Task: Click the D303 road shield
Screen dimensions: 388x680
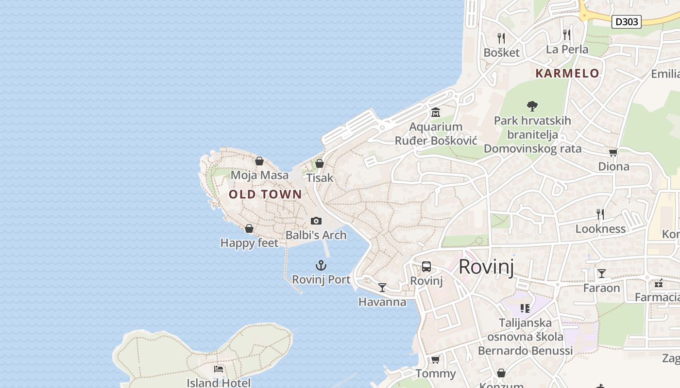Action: coord(626,21)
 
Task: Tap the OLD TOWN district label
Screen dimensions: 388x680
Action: coord(265,194)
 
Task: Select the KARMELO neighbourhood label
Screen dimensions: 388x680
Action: coord(567,73)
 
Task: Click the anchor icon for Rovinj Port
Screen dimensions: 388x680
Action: coord(321,265)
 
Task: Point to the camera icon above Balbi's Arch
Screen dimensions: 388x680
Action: coord(316,221)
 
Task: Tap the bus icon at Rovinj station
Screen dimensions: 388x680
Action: coord(426,266)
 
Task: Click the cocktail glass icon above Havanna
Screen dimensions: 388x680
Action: coord(382,288)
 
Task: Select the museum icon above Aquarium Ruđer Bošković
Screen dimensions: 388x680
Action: coord(436,113)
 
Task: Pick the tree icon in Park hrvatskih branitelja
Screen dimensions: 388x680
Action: coord(532,106)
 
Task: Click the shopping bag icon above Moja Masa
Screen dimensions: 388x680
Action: coord(259,161)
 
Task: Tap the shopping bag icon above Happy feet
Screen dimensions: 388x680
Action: coord(249,228)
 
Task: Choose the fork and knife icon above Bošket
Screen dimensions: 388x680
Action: coord(501,38)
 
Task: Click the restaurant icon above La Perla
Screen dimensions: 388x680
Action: coord(566,34)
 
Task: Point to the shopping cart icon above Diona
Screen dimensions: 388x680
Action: coord(613,152)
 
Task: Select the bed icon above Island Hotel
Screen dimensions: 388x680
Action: coord(219,369)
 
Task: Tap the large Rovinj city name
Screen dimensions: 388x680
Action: coord(486,267)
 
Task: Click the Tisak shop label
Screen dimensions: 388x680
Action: coord(320,178)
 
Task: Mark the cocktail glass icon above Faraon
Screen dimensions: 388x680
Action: coord(601,274)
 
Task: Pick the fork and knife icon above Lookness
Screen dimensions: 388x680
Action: coord(600,214)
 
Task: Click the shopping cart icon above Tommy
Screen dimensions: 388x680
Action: coord(435,359)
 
